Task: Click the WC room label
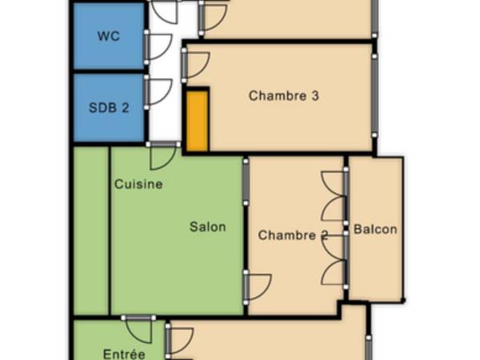click(109, 36)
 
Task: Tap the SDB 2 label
click(109, 107)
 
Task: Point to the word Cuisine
click(138, 184)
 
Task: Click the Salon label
click(207, 226)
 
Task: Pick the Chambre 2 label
click(293, 235)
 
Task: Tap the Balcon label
click(375, 230)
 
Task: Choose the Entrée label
click(124, 354)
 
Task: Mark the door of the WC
click(157, 46)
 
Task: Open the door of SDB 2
click(157, 91)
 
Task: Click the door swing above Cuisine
click(163, 156)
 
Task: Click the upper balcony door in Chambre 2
click(334, 197)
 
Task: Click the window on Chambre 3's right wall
click(374, 96)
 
